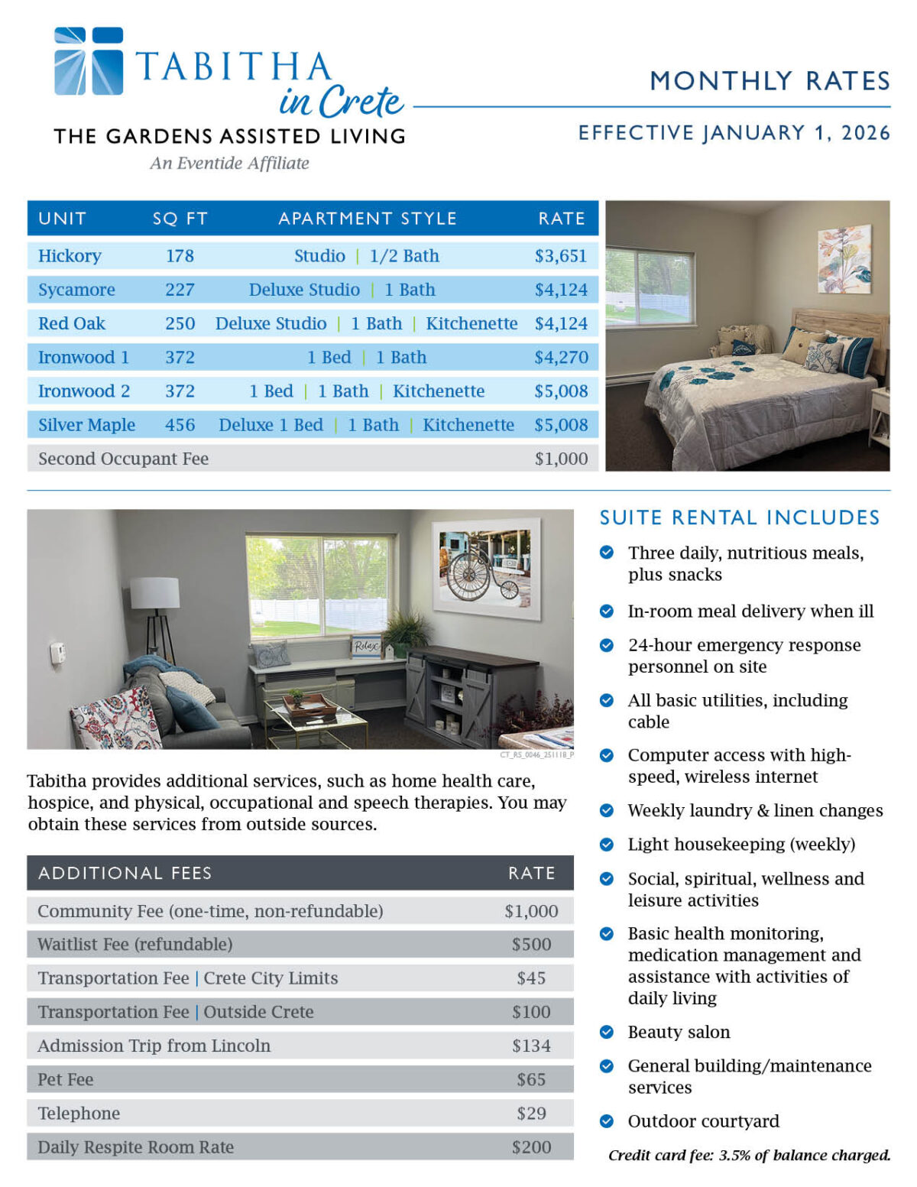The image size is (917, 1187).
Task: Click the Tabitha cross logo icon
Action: pyautogui.click(x=89, y=61)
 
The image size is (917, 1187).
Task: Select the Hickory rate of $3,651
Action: pyautogui.click(x=560, y=256)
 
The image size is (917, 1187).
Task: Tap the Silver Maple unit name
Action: pyautogui.click(x=86, y=425)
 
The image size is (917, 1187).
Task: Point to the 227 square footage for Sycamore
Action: pyautogui.click(x=180, y=290)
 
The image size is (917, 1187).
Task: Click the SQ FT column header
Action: pyautogui.click(x=180, y=219)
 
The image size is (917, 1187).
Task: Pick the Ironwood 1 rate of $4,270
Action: pyautogui.click(x=560, y=357)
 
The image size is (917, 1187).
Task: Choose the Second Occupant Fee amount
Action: pyautogui.click(x=560, y=459)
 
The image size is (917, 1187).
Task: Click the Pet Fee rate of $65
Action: pyautogui.click(x=530, y=1079)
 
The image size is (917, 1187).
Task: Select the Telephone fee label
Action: pyautogui.click(x=79, y=1113)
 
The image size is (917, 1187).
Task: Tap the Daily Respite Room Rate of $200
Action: pyautogui.click(x=530, y=1146)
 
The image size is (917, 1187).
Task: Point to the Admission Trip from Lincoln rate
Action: pyautogui.click(x=530, y=1046)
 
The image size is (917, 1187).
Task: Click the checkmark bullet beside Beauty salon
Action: pyautogui.click(x=607, y=1032)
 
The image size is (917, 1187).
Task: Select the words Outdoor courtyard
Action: pyautogui.click(x=703, y=1121)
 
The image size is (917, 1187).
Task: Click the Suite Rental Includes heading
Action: pyautogui.click(x=739, y=517)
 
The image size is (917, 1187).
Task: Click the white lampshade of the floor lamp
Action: pyautogui.click(x=154, y=593)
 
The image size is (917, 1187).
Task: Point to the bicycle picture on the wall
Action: pyautogui.click(x=486, y=566)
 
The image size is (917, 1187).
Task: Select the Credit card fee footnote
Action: pyautogui.click(x=749, y=1155)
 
